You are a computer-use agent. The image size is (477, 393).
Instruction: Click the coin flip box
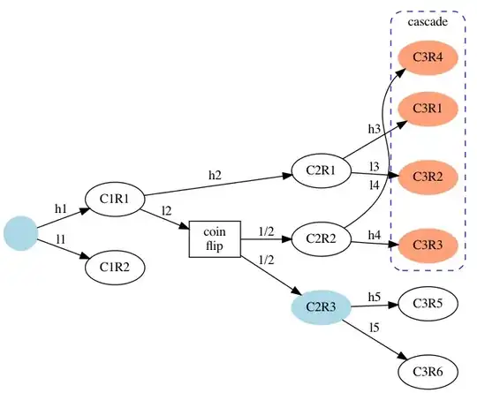(x=216, y=238)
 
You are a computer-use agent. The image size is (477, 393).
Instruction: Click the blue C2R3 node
(x=322, y=306)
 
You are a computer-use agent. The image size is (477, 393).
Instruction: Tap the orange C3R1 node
(x=428, y=109)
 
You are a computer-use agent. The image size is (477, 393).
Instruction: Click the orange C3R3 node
(x=428, y=242)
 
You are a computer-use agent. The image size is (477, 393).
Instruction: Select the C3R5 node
(x=428, y=304)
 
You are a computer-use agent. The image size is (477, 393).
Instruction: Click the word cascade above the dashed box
(x=427, y=21)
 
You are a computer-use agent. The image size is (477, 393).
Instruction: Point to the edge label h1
(x=61, y=209)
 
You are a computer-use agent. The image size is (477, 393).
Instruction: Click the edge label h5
(x=375, y=296)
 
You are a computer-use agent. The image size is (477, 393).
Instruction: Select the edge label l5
(x=375, y=328)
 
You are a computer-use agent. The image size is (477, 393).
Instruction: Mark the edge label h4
(x=375, y=234)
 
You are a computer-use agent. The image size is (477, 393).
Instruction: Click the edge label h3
(x=375, y=129)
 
